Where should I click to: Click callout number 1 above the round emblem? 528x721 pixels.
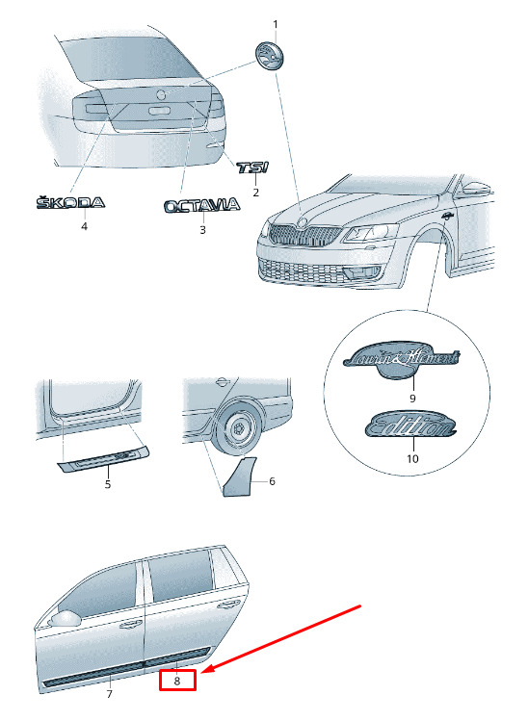click(x=276, y=24)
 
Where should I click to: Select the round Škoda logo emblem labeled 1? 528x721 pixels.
click(x=270, y=55)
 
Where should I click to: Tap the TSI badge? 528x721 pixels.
click(x=252, y=167)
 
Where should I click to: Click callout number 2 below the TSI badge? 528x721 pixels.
click(x=256, y=193)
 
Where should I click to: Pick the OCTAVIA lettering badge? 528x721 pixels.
click(x=202, y=206)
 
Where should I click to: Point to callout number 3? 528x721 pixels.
click(x=202, y=229)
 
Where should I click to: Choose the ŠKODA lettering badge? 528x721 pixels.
click(x=70, y=202)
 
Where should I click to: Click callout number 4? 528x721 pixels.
click(x=84, y=226)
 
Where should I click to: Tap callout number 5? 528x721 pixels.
click(x=108, y=484)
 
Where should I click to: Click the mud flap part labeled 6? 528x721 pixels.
click(x=238, y=476)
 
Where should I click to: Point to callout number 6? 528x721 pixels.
click(x=272, y=481)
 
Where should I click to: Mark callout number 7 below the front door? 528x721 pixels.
click(x=109, y=694)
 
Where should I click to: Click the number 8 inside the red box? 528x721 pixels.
click(x=177, y=681)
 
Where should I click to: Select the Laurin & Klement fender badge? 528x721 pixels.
click(x=402, y=361)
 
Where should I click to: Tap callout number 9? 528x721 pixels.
click(x=412, y=398)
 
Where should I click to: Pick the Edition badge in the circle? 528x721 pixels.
click(x=410, y=424)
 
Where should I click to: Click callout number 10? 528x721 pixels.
click(x=412, y=458)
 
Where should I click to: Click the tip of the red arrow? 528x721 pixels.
click(x=201, y=672)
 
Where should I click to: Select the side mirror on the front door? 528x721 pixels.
click(x=65, y=619)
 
